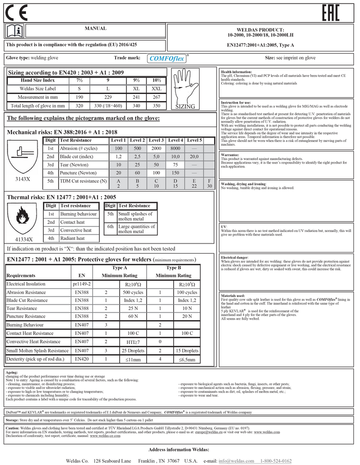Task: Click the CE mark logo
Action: [16, 13]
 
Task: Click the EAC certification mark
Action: [330, 13]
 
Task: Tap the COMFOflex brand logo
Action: [167, 58]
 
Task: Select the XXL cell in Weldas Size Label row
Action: [156, 88]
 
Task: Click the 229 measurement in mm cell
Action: [107, 97]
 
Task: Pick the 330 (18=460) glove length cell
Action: [107, 106]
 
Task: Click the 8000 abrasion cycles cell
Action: [175, 148]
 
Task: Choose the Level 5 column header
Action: [194, 140]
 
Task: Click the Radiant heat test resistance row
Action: [72, 238]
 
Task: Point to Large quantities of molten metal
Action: [136, 229]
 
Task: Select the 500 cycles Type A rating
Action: [133, 292]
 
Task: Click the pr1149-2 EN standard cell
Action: [81, 284]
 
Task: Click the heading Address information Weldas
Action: [179, 449]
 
